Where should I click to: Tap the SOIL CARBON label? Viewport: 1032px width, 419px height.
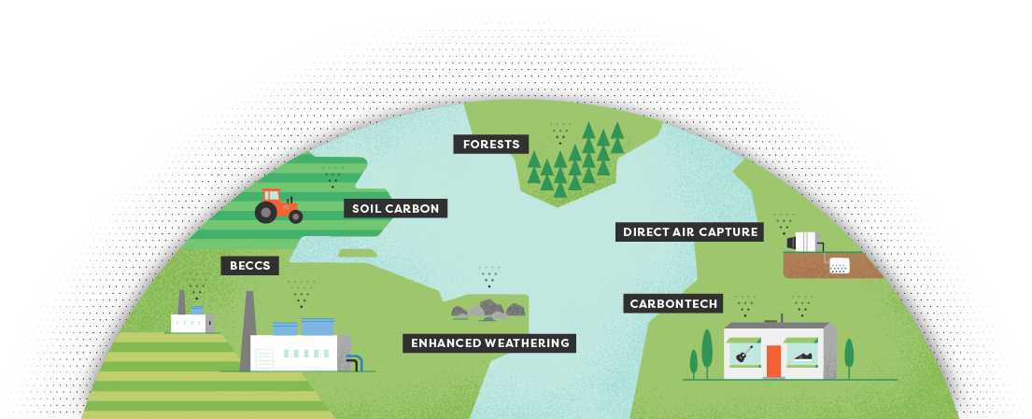395,208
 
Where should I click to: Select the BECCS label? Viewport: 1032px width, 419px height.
250,266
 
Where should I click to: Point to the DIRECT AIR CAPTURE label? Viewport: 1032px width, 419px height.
690,231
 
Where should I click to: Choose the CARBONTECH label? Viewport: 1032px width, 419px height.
673,303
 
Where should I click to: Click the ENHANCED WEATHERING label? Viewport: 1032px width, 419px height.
490,343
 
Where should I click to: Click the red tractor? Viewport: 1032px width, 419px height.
277,205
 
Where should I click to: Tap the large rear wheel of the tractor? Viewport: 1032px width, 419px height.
266,213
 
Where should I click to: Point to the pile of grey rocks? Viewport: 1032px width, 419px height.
484,309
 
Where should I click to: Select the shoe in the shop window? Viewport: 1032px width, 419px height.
803,354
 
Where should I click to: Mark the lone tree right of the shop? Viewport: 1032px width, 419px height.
849,356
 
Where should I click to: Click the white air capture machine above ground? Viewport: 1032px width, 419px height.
805,243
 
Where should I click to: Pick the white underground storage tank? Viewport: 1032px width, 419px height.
839,265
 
